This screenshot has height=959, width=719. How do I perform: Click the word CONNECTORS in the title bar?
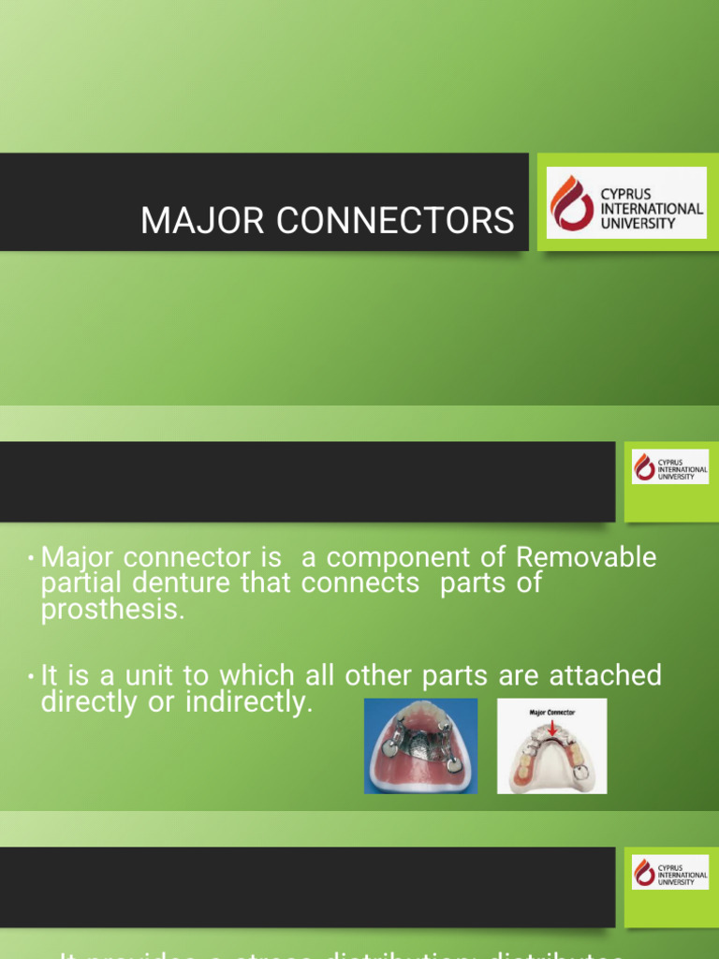[x=386, y=221]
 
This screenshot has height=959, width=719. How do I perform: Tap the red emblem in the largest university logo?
[x=571, y=203]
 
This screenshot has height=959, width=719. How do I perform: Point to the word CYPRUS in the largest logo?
[x=626, y=195]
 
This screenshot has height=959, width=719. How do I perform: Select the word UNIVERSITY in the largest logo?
[x=638, y=223]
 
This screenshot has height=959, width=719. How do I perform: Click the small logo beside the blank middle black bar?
[x=669, y=466]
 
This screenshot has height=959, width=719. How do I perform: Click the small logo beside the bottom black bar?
[x=669, y=871]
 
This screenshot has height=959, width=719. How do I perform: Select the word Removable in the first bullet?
[x=586, y=557]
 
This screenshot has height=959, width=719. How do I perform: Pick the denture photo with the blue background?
[x=420, y=746]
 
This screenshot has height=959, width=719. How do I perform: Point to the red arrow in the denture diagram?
[x=551, y=726]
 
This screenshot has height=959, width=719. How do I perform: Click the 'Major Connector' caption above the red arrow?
[x=551, y=713]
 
